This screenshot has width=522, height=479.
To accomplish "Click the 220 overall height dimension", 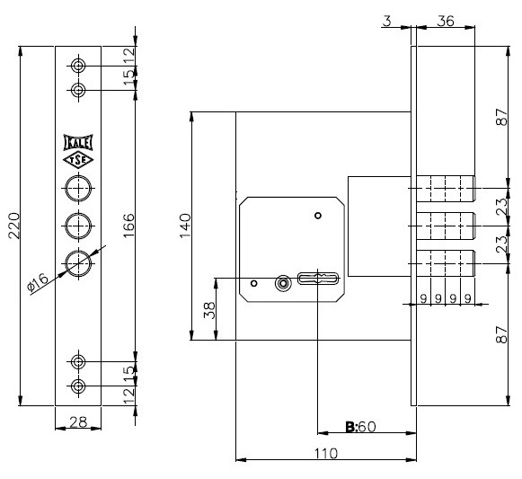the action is tap(14, 226).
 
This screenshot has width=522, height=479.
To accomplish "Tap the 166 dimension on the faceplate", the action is tap(128, 226).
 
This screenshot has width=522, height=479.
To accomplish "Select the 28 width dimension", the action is tap(78, 422).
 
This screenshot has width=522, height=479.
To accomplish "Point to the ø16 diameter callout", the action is tap(38, 282).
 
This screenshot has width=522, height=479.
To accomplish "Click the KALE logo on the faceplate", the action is tap(78, 143).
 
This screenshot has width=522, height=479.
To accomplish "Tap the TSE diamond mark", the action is tap(78, 160).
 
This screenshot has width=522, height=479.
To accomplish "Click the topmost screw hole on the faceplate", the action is tap(78, 66).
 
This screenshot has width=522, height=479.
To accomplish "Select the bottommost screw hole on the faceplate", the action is tap(78, 386).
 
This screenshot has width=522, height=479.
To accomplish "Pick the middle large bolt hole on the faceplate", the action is tap(78, 226).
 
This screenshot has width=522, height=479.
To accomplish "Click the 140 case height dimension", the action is tap(185, 226).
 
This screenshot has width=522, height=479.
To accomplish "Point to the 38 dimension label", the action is tap(209, 310).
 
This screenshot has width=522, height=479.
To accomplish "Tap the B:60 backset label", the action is tap(360, 426).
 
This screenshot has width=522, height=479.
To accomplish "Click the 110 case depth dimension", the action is tap(326, 453).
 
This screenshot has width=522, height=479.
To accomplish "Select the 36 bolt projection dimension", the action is tap(446, 21).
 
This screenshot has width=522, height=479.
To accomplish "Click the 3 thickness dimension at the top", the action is tap(387, 21).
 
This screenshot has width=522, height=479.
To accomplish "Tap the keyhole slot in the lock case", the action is tap(318, 279).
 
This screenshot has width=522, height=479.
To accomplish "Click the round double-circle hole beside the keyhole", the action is tap(283, 284).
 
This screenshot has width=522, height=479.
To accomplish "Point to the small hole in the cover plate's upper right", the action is tap(318, 216).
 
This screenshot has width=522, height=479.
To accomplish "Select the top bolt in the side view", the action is tap(446, 189).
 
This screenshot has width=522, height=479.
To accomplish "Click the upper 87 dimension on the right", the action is tap(502, 117).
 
